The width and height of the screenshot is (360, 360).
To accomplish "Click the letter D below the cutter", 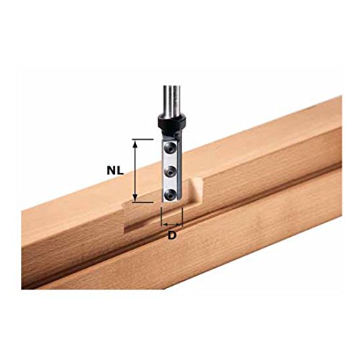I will [173, 235].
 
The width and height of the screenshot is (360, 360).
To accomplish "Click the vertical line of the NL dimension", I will [135, 171].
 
